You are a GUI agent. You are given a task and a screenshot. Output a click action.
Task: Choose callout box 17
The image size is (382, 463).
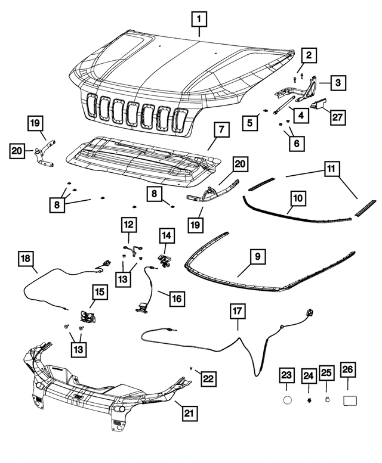point(238,310)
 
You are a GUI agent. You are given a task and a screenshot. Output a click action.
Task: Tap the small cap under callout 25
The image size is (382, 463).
point(327,399)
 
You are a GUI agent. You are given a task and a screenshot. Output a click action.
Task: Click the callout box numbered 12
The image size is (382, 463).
point(130,225)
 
